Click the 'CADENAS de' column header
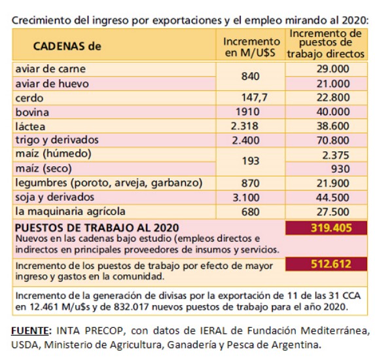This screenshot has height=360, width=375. (67, 46)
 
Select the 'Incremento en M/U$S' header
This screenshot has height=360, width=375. (251, 47)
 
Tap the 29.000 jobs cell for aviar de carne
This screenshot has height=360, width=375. (333, 69)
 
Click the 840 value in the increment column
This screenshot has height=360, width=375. (251, 77)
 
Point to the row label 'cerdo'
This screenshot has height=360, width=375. (29, 98)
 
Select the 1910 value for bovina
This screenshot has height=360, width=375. (247, 112)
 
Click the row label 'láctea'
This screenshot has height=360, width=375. (30, 126)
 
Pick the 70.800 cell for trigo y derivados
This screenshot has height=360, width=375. (333, 140)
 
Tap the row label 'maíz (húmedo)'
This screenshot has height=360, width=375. (53, 154)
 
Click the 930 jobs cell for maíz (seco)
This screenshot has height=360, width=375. (340, 169)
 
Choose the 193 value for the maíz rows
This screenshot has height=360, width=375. (251, 161)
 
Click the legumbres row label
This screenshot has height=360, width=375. (109, 183)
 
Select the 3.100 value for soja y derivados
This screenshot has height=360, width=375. (246, 198)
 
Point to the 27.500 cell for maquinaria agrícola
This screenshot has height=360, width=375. (333, 212)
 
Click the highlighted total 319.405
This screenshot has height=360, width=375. (331, 228)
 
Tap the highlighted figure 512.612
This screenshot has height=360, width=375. (331, 264)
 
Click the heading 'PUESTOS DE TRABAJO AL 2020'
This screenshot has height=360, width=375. (97, 228)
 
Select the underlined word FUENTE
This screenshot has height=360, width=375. (30, 331)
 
